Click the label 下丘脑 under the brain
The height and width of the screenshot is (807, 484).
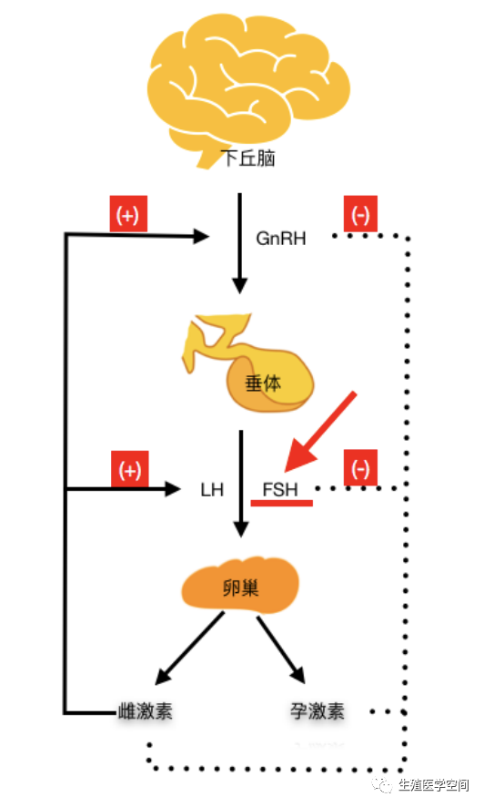[x=248, y=158]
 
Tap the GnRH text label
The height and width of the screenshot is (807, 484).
[x=280, y=239]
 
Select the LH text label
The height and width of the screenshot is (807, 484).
[x=212, y=490]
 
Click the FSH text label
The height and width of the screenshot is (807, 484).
[x=280, y=489]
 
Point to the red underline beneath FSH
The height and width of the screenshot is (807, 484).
[x=281, y=503]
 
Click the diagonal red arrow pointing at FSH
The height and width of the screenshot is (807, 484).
[x=319, y=432]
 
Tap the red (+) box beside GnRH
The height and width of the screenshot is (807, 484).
[x=128, y=213]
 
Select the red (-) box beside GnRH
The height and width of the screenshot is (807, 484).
[x=360, y=213]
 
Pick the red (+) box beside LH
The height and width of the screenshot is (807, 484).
[x=129, y=469]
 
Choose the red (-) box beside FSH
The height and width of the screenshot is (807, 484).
[x=360, y=467]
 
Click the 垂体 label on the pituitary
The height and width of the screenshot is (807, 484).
[x=263, y=383]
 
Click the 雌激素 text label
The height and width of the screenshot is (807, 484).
[x=146, y=711]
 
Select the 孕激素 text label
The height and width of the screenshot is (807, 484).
[x=317, y=711]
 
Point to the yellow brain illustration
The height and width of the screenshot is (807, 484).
[x=248, y=90]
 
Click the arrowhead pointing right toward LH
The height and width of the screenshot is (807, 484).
[x=173, y=488]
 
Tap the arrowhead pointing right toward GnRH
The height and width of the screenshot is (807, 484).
[x=201, y=236]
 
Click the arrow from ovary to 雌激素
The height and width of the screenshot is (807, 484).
[x=189, y=648]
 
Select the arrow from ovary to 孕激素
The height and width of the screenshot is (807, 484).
[x=281, y=649]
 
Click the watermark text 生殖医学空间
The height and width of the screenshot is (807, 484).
[x=434, y=785]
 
